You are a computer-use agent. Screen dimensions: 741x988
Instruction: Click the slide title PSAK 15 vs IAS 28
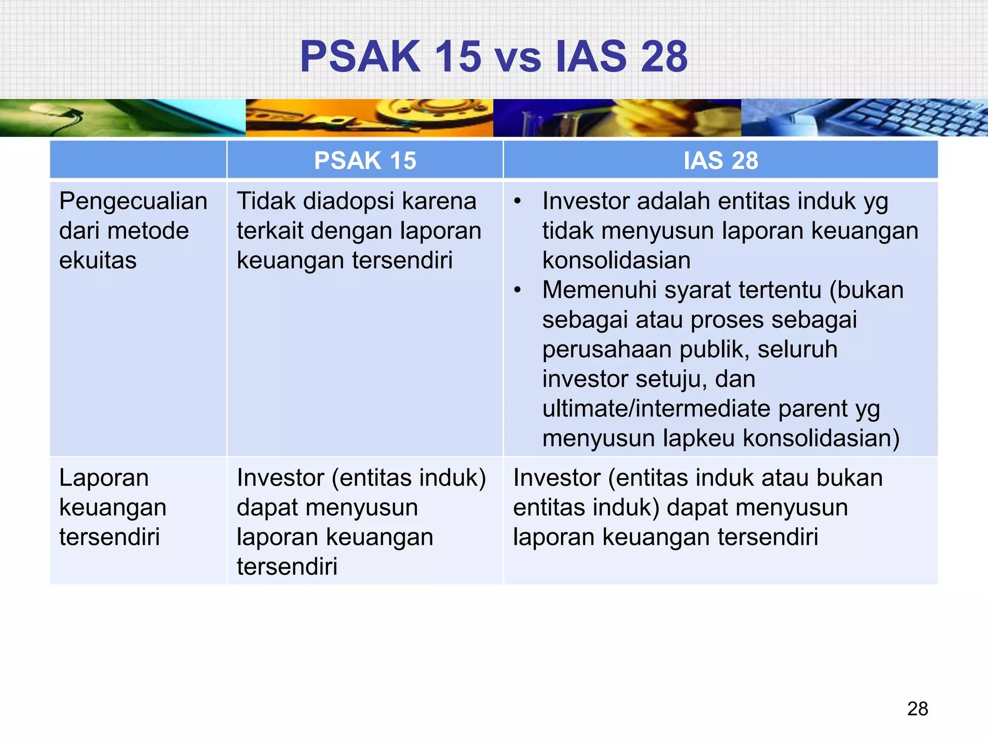coord(493,57)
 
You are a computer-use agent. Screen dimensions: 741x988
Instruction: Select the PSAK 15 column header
coord(365,160)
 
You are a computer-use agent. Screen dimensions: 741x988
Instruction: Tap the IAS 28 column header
coord(720,160)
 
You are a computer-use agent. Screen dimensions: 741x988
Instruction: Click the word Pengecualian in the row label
coord(133,201)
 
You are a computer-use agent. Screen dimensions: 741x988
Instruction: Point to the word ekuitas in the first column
coord(97,261)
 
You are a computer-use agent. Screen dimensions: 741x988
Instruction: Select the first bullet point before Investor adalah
coord(518,202)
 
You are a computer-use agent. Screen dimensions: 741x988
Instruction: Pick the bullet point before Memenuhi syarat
coord(518,290)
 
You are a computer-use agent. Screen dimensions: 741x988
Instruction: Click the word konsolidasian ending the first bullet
coord(616,261)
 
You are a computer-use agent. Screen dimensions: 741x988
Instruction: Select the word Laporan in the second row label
coord(104,478)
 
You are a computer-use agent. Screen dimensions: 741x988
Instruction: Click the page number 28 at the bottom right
coord(917,709)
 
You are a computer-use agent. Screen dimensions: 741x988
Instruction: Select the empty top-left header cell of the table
coord(138,160)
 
